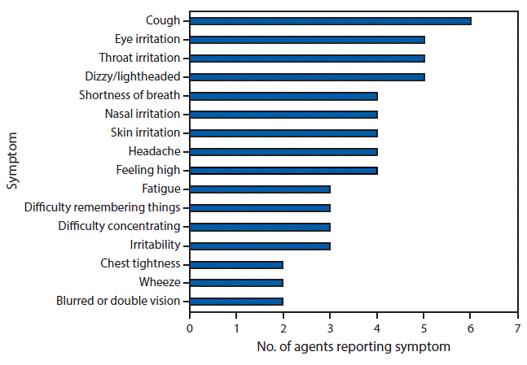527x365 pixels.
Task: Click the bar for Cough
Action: point(330,20)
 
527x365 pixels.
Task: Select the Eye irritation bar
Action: point(307,39)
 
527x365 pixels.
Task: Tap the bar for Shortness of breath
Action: point(283,95)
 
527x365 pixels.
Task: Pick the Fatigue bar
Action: point(260,189)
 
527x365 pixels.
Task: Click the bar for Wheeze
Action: point(236,282)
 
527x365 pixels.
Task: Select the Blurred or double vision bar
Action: point(236,301)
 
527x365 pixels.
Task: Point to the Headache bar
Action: point(283,151)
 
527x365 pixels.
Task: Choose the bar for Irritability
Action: point(260,245)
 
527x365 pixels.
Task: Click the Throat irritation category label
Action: point(139,58)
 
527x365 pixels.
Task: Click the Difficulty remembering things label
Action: point(102,207)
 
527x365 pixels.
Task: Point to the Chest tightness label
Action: point(140,263)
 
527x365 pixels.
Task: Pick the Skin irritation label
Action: point(145,133)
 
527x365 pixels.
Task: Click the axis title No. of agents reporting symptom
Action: point(353,347)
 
